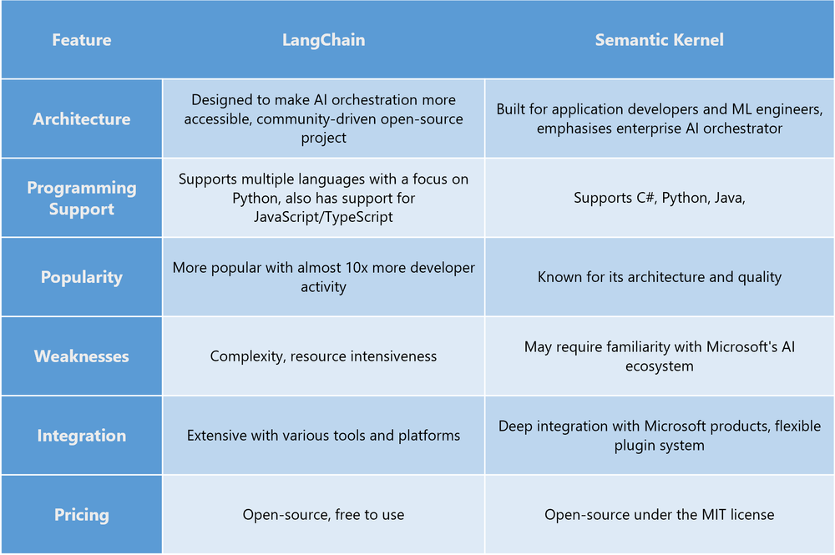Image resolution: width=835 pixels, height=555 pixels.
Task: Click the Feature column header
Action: click(x=81, y=39)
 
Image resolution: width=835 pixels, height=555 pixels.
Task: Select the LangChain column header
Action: click(x=323, y=39)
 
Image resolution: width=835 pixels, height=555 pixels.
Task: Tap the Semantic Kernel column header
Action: click(x=659, y=39)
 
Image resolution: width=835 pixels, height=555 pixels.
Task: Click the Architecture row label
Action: click(x=81, y=119)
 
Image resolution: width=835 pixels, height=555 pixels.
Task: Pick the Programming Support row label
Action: click(x=81, y=198)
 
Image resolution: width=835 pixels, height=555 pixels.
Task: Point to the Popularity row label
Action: click(x=81, y=277)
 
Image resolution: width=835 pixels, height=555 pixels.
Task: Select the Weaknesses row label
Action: click(x=81, y=356)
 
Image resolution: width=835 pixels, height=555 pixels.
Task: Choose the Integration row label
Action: click(x=81, y=435)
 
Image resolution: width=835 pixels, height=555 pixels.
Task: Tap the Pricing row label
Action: click(x=81, y=514)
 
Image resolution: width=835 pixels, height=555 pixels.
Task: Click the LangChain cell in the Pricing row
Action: click(x=323, y=515)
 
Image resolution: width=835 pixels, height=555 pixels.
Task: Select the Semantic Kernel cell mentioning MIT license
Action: click(x=659, y=515)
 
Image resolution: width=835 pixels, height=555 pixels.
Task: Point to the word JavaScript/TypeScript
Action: click(x=323, y=216)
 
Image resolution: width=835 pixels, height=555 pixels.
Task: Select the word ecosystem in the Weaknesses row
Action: click(x=659, y=366)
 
